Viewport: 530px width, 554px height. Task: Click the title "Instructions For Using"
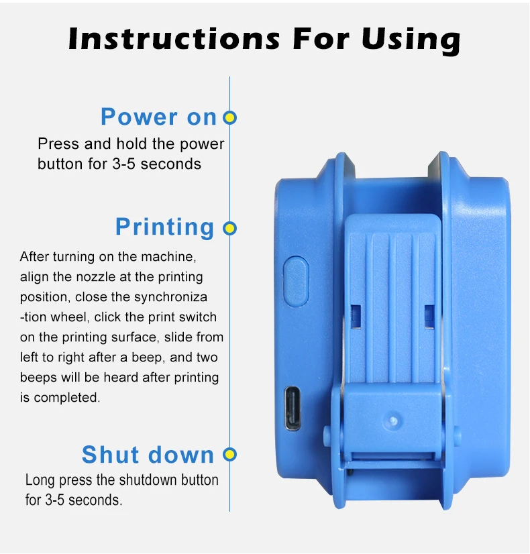[x=264, y=39]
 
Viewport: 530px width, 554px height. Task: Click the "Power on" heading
[x=158, y=117]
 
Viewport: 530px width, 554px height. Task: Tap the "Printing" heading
[x=164, y=227]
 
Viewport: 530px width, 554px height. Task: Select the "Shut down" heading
[x=148, y=455]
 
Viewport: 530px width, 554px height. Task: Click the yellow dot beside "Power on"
[x=230, y=118]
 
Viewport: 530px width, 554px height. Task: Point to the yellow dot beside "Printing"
[x=230, y=228]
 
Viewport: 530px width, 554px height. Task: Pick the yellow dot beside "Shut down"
[x=230, y=455]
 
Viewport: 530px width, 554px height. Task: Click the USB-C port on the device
[x=293, y=408]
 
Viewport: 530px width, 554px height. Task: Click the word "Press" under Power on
[x=54, y=144]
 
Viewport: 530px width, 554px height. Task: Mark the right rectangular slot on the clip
[x=429, y=312]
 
